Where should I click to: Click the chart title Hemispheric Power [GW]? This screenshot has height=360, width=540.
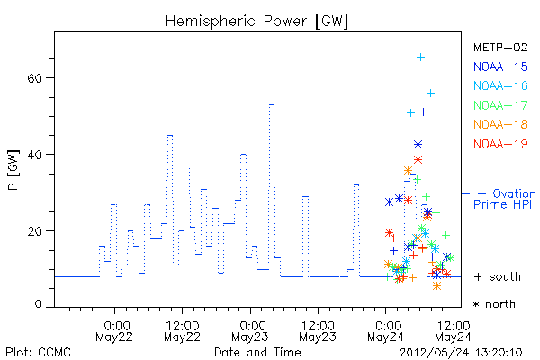click(x=256, y=22)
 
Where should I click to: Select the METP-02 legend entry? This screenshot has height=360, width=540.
click(x=500, y=47)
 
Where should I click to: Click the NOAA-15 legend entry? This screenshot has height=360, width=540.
click(x=500, y=67)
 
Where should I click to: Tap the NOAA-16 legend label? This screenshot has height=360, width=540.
click(x=500, y=85)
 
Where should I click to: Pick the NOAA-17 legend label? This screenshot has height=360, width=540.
click(x=500, y=105)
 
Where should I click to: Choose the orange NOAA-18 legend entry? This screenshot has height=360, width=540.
click(x=500, y=124)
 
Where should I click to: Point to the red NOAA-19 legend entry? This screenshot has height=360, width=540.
click(x=500, y=144)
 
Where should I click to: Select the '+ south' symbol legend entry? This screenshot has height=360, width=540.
click(x=498, y=276)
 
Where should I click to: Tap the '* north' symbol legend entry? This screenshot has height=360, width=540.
click(x=494, y=304)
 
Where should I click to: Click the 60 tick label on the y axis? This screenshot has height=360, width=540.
click(x=34, y=78)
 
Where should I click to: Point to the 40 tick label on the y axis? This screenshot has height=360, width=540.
click(x=34, y=155)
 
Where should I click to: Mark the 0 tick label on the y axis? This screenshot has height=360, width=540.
click(x=38, y=304)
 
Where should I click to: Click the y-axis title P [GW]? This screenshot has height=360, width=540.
click(x=13, y=170)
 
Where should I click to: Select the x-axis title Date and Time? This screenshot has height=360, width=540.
click(x=257, y=352)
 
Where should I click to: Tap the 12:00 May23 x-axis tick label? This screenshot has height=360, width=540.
click(x=318, y=331)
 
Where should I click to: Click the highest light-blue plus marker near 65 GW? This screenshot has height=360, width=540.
click(x=420, y=58)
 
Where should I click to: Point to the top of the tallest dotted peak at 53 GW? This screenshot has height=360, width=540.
click(x=272, y=104)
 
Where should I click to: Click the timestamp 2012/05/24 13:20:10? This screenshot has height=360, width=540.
click(x=461, y=353)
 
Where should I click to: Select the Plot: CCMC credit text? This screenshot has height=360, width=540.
click(x=38, y=352)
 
